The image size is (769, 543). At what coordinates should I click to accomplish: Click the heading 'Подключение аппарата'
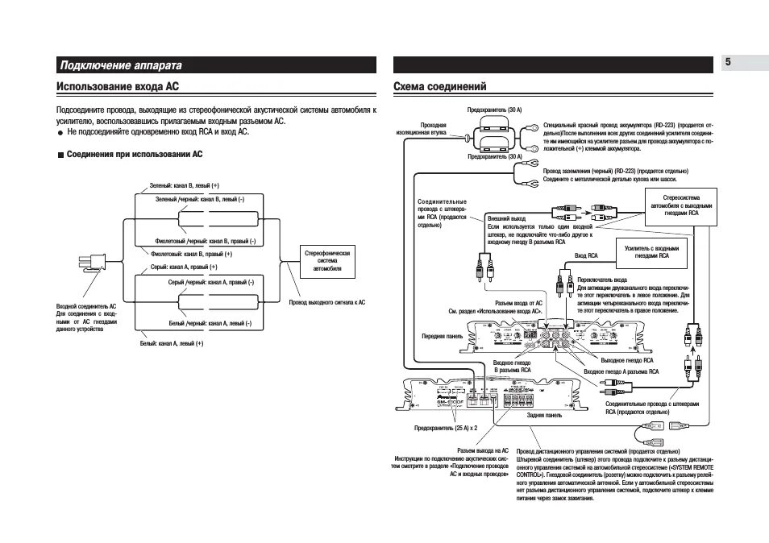(x=121, y=65)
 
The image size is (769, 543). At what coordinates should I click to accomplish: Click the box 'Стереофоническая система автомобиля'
(x=326, y=260)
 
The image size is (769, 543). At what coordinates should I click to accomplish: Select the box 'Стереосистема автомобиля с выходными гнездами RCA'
(x=681, y=206)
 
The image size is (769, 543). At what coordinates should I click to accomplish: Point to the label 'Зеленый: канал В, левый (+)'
(x=185, y=186)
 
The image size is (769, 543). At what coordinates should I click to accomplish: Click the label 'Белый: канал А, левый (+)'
(x=172, y=343)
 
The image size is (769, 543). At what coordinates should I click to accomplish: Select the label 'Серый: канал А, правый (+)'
(x=185, y=267)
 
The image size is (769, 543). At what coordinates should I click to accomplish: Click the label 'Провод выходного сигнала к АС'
(x=326, y=302)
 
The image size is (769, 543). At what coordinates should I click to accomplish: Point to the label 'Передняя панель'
(x=442, y=336)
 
